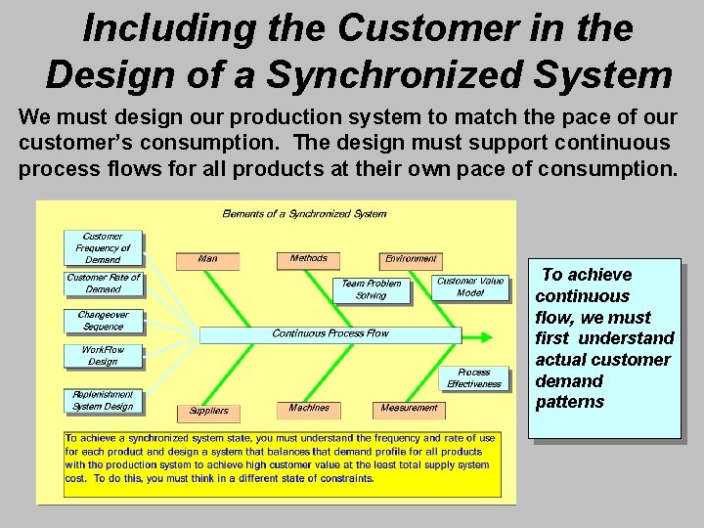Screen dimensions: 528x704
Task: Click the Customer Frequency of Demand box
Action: coord(103,248)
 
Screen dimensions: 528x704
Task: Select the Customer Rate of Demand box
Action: coord(103,284)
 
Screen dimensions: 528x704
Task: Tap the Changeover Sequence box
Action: coord(103,321)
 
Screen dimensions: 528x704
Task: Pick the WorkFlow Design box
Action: coord(103,356)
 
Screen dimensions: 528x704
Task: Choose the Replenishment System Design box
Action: coord(103,400)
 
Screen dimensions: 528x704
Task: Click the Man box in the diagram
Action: coord(207,260)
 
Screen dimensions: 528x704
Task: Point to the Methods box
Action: coord(309,259)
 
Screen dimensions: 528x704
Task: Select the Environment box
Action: coord(411,260)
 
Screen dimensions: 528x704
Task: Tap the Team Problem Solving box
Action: coord(371,289)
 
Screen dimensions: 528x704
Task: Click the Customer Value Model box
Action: coord(470,287)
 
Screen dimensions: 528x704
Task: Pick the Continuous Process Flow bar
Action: coord(330,334)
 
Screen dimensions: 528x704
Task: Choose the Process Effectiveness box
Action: coord(474,378)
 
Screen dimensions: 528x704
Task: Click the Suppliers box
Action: coord(208,412)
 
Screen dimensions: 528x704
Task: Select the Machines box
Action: coord(309,409)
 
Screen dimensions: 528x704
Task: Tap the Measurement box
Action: coord(409,409)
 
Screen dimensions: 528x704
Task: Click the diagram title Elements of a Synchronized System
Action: coord(304,213)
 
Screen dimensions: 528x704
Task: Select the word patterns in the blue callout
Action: coord(569,402)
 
